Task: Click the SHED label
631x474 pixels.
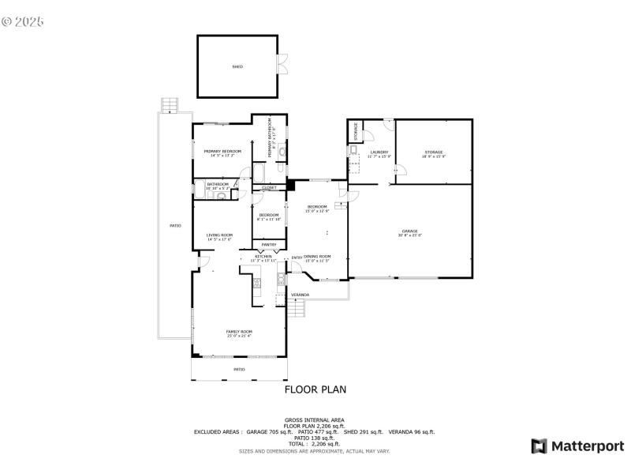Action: pyautogui.click(x=237, y=67)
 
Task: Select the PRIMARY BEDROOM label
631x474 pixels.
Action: pyautogui.click(x=222, y=151)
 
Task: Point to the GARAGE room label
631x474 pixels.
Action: pyautogui.click(x=410, y=231)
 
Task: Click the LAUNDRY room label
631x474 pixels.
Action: pyautogui.click(x=379, y=152)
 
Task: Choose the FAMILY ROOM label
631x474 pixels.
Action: pyautogui.click(x=239, y=331)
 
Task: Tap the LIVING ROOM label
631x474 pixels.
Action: pyautogui.click(x=219, y=235)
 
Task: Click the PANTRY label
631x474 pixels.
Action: pyautogui.click(x=269, y=245)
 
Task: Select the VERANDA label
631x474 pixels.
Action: pyautogui.click(x=300, y=295)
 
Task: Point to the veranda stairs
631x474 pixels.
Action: pyautogui.click(x=295, y=310)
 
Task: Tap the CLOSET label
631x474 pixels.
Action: pyautogui.click(x=269, y=187)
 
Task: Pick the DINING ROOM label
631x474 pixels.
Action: pyautogui.click(x=317, y=257)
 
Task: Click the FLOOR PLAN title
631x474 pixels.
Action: pyautogui.click(x=315, y=389)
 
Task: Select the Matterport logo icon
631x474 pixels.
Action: pyautogui.click(x=540, y=446)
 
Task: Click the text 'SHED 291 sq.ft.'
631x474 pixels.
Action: pyautogui.click(x=363, y=432)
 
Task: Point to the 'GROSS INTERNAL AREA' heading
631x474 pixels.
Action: pyautogui.click(x=315, y=419)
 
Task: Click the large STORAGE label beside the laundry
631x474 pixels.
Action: pyautogui.click(x=434, y=152)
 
